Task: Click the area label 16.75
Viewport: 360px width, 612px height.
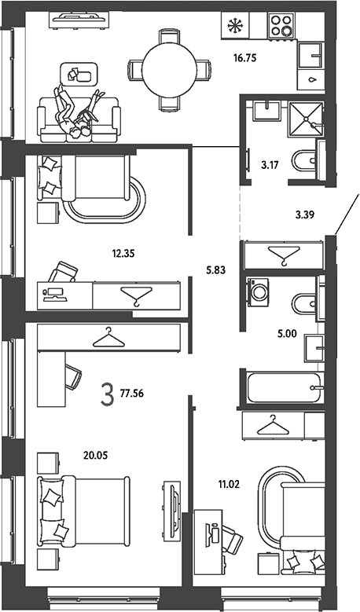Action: tap(244, 59)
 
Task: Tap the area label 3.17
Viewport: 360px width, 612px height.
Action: tap(270, 165)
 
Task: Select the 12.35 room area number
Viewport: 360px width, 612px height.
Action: tap(123, 254)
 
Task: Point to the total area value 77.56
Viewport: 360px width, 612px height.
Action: tap(132, 394)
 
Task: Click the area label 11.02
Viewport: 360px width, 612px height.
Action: tap(229, 485)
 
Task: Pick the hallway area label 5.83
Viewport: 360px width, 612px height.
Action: tap(216, 269)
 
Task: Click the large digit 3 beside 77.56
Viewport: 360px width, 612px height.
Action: tap(108, 394)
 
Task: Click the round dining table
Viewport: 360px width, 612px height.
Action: tap(169, 70)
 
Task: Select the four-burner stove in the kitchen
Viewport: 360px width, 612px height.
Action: tap(281, 25)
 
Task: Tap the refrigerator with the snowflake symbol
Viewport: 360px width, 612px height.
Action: tap(235, 25)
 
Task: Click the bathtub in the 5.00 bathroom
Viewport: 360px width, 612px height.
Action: tap(284, 387)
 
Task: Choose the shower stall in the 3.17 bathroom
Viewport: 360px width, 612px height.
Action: tap(306, 119)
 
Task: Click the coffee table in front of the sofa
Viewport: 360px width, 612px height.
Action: tap(79, 73)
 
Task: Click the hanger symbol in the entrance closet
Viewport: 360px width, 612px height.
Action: tap(284, 255)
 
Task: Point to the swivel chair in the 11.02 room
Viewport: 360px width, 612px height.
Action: tap(230, 538)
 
